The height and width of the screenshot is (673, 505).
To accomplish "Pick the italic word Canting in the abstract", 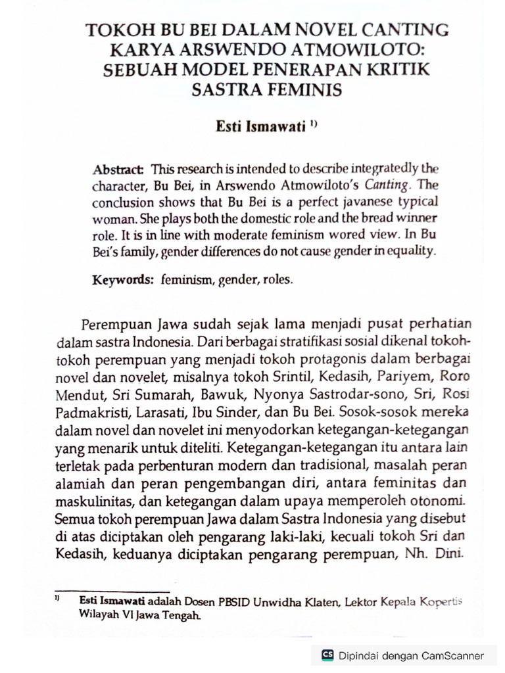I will [388, 185].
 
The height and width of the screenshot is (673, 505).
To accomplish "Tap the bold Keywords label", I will [122, 280].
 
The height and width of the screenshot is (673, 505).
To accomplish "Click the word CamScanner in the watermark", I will [453, 655].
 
